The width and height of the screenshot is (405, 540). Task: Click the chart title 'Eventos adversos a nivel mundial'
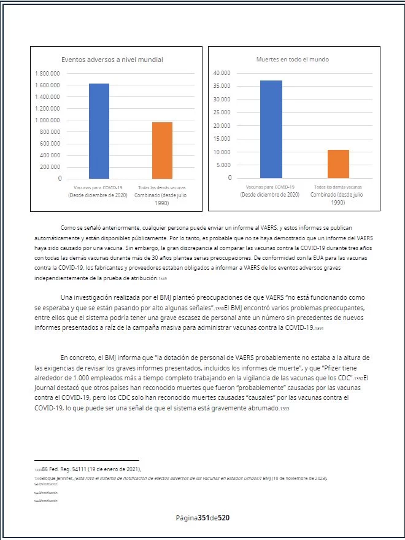pyautogui.click(x=112, y=60)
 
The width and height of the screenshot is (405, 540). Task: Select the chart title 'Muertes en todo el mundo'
pyautogui.click(x=292, y=60)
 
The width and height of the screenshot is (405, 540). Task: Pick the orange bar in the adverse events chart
pyautogui.click(x=162, y=150)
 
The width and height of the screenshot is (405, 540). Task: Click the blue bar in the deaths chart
pyautogui.click(x=271, y=129)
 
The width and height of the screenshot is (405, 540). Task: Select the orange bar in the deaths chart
pyautogui.click(x=338, y=163)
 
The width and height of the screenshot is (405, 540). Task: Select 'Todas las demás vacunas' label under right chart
pyautogui.click(x=337, y=187)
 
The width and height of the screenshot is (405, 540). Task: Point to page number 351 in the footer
pyautogui.click(x=205, y=518)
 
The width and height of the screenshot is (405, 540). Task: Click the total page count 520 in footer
pyautogui.click(x=224, y=518)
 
